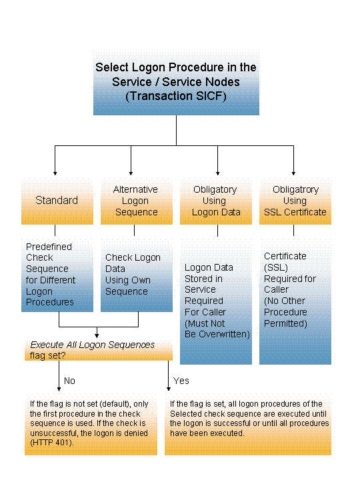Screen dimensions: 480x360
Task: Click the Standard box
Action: tap(57, 201)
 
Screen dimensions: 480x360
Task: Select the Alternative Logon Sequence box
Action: tap(135, 201)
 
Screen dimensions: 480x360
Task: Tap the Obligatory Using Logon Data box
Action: tap(215, 201)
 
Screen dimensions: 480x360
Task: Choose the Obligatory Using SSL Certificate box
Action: tap(295, 201)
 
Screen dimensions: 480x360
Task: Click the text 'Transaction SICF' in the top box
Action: tap(175, 95)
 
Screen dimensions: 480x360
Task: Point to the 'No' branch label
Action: tap(69, 381)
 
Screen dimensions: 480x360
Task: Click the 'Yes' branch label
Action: tap(181, 381)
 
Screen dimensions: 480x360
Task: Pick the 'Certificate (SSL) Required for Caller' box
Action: tap(295, 290)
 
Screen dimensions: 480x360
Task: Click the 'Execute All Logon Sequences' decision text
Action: tap(93, 345)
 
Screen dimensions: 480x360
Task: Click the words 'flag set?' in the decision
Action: tap(47, 355)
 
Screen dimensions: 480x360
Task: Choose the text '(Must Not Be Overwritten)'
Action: tap(217, 329)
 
